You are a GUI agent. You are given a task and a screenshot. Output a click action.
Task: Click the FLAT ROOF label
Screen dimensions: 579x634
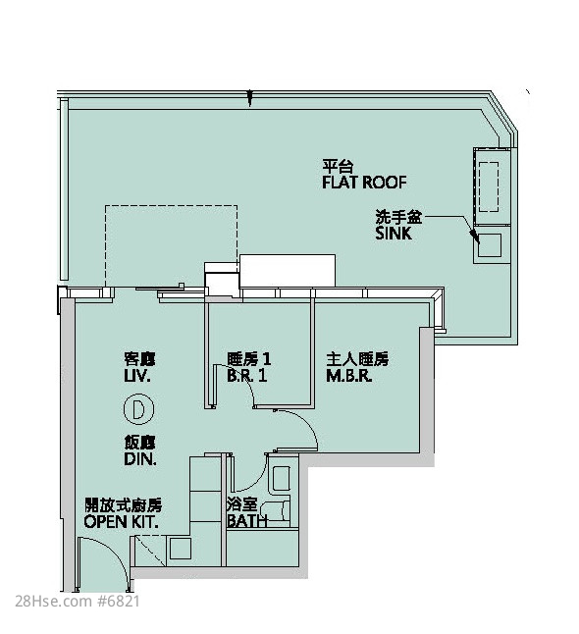[364, 183]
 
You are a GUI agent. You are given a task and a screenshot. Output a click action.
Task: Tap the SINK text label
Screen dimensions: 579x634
[394, 234]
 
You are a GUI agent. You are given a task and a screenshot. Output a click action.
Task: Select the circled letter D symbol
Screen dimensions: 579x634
[138, 409]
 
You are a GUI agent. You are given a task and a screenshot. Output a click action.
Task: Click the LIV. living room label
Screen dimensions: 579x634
[137, 376]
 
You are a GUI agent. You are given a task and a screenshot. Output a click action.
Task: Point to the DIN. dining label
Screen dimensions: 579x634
[140, 459]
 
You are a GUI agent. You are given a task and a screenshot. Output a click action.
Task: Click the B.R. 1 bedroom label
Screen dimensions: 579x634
[247, 376]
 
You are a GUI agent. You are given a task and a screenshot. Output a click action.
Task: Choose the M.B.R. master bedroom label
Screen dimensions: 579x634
[349, 376]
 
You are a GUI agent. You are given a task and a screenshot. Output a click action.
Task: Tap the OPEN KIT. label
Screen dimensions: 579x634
[121, 521]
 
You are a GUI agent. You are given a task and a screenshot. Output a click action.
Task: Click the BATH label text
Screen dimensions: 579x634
[247, 521]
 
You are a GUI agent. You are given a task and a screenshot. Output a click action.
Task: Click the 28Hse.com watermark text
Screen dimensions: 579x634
[53, 602]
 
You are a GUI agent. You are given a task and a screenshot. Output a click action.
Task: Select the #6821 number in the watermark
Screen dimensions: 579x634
[119, 602]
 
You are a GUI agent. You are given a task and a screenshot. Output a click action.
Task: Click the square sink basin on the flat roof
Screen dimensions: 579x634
[490, 245]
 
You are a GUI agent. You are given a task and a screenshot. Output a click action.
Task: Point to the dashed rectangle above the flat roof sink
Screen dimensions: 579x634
[489, 186]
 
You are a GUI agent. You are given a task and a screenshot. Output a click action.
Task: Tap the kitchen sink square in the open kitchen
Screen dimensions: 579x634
[180, 549]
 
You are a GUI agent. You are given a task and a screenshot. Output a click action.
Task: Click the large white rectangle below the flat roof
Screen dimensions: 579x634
[288, 271]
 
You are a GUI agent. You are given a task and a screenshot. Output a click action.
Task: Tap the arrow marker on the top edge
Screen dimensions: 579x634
[249, 98]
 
